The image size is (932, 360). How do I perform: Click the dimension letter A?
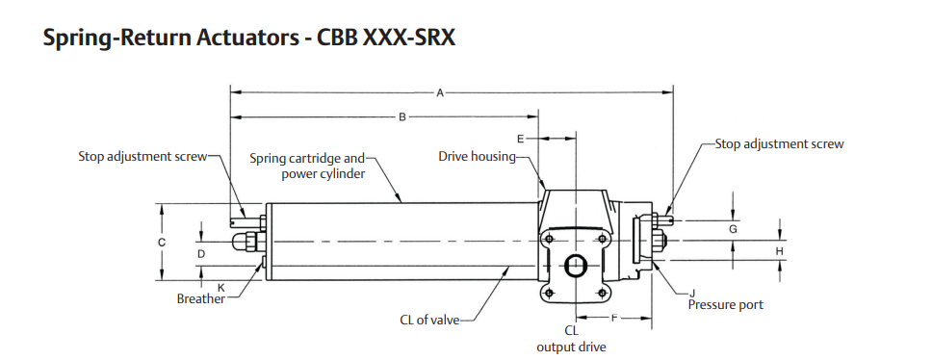(x=440, y=92)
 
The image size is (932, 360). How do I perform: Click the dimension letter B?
(x=401, y=117)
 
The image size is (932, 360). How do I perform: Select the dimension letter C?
(x=162, y=243)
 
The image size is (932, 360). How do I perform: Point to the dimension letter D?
(x=201, y=254)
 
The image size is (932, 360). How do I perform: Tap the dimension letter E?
(x=521, y=139)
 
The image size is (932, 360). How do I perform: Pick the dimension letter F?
(x=614, y=319)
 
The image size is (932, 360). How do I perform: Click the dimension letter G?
(x=734, y=229)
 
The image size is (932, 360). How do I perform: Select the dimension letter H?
(x=779, y=252)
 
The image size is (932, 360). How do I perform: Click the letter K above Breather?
(x=221, y=287)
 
